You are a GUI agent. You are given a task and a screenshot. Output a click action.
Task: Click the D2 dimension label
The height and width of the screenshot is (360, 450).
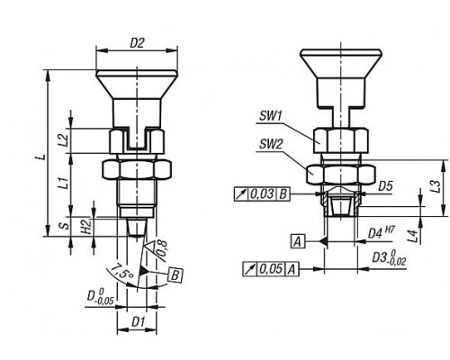tap(137, 44)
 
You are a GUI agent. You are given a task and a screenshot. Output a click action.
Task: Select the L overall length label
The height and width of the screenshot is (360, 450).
tap(44, 157)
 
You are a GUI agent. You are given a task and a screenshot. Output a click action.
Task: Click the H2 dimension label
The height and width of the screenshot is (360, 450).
tap(86, 227)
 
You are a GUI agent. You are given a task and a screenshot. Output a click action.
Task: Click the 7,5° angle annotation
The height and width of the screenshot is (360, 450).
tap(121, 272)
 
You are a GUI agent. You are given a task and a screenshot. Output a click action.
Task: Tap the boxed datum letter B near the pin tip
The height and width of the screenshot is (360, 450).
tap(175, 275)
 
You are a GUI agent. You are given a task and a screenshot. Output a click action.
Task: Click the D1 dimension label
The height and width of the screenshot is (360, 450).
tap(138, 322)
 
